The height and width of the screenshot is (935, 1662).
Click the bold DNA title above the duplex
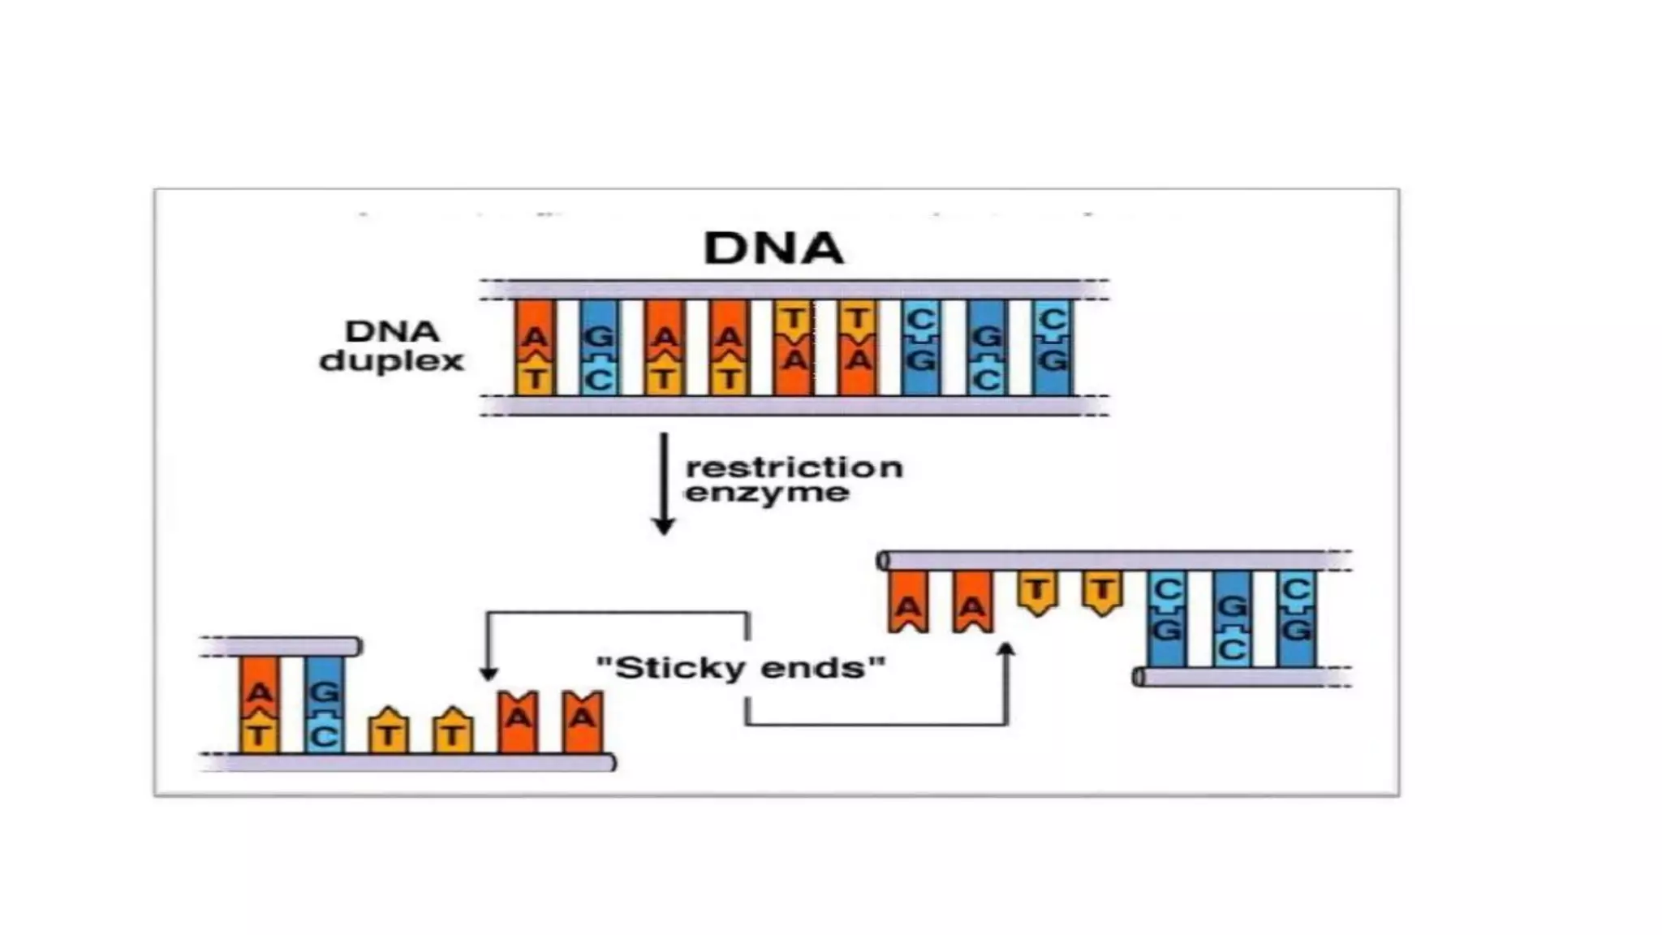(773, 248)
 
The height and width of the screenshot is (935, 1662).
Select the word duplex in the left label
(391, 361)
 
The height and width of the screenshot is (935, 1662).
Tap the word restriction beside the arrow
(794, 467)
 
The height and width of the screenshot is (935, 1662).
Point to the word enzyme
(767, 493)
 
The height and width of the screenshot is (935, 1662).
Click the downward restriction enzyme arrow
(664, 483)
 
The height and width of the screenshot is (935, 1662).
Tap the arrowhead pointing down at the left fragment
(488, 673)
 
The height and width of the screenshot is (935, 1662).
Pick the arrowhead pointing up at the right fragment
(1006, 649)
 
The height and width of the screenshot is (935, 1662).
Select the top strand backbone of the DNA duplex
(794, 290)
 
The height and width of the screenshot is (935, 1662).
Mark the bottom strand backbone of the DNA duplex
(794, 406)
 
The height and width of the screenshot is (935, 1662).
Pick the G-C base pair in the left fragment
(325, 704)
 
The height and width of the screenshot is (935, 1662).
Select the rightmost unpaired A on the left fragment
(583, 721)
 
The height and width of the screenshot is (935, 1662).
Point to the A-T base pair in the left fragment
(259, 704)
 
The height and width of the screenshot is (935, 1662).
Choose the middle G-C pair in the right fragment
(1232, 618)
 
